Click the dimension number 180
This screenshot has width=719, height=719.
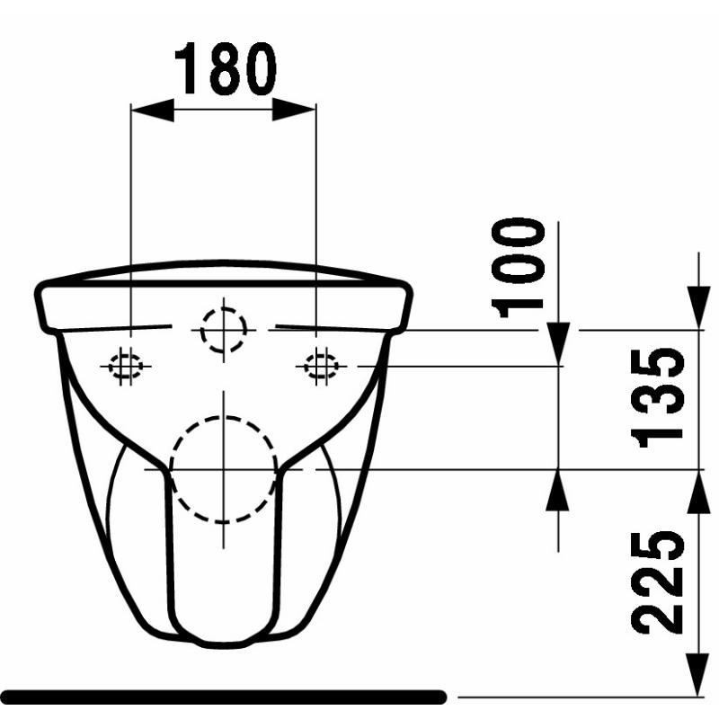(x=224, y=69)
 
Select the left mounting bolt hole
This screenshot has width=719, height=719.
(x=124, y=366)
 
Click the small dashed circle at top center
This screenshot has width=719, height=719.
(x=223, y=330)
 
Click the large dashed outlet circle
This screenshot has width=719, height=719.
(x=223, y=469)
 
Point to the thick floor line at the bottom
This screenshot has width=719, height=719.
(x=225, y=697)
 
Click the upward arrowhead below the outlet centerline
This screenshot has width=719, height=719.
(x=558, y=490)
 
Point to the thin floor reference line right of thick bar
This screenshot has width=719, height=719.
(x=584, y=697)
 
